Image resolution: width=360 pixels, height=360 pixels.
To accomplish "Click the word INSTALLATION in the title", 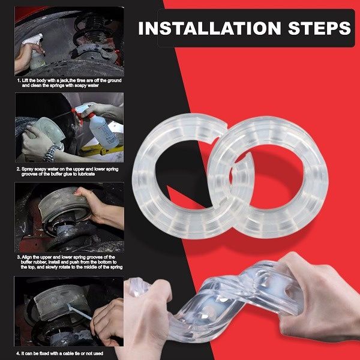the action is pos(209,28).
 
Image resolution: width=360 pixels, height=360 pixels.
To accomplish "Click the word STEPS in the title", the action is pos(319,28).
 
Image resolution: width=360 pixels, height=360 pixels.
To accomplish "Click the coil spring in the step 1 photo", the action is pos(92,30).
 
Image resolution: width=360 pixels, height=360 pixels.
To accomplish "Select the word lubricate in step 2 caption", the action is pos(86,174).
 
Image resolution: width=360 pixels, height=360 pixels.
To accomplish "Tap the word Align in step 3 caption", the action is pos(26,257).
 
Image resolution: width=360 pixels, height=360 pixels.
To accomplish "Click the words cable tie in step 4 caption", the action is pos(68,353).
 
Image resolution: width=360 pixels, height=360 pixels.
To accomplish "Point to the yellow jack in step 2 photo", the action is pos(101,151).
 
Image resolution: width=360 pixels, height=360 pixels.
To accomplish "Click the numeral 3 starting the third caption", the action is pos(19,257).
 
